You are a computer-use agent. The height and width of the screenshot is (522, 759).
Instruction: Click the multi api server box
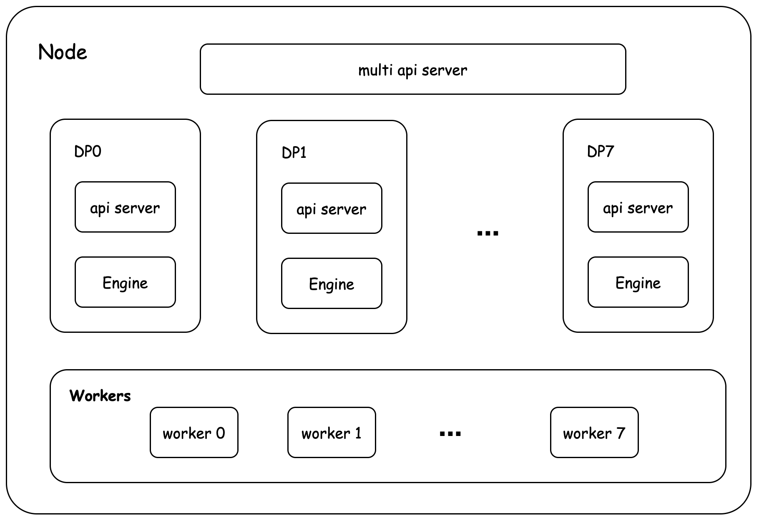413,69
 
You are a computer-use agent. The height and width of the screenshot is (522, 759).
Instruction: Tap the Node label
63,52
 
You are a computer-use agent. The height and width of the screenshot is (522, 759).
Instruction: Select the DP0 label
88,151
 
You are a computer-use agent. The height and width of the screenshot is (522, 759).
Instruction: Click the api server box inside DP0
125,207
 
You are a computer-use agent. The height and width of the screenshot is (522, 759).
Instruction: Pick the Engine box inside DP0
125,282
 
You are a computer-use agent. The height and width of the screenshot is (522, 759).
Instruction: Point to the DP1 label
294,153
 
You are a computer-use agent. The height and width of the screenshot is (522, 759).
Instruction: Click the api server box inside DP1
332,208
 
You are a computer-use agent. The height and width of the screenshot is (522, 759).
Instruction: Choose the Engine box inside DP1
332,284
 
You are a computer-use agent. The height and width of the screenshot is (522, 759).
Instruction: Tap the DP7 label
600,151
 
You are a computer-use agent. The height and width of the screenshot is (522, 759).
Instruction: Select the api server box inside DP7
638,207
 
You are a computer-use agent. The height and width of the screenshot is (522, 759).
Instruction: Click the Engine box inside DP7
638,282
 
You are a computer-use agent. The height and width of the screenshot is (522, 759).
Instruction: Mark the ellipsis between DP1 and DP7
488,233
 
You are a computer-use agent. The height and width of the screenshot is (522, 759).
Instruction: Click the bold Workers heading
100,395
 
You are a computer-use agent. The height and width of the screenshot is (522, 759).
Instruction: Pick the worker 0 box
194,433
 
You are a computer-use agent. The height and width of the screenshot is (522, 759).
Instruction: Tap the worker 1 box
332,433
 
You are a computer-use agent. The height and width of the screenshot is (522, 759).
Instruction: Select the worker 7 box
594,433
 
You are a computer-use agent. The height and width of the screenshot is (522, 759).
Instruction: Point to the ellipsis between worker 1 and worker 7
450,434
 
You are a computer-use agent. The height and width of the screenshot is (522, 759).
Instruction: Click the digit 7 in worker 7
621,433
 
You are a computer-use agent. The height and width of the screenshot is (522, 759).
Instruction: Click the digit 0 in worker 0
220,433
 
